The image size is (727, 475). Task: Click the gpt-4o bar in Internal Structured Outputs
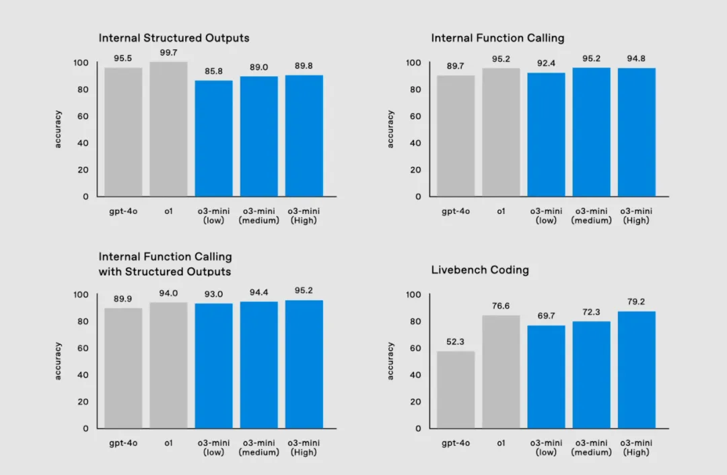coord(123,132)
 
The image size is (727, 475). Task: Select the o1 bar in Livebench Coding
coord(501,371)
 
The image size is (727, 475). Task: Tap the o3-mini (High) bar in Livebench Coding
coord(636,369)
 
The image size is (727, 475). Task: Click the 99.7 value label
coord(168,52)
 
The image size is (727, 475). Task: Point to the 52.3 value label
coord(456,342)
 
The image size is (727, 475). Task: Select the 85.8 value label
coord(213,71)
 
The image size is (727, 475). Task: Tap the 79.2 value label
coord(636,302)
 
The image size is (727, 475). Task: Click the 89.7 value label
coord(456,66)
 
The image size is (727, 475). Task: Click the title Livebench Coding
coord(480,270)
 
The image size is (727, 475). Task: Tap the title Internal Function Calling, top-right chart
coord(497,38)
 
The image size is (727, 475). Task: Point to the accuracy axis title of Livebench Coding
coord(390,361)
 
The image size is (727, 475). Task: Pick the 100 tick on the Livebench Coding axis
coord(414,295)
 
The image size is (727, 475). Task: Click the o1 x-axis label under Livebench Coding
coord(501,443)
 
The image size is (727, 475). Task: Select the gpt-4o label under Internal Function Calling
coord(456,211)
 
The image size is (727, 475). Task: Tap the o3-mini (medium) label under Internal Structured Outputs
coord(258,216)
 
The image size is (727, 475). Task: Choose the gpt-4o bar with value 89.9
coord(123,368)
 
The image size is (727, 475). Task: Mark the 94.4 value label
coord(258,293)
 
